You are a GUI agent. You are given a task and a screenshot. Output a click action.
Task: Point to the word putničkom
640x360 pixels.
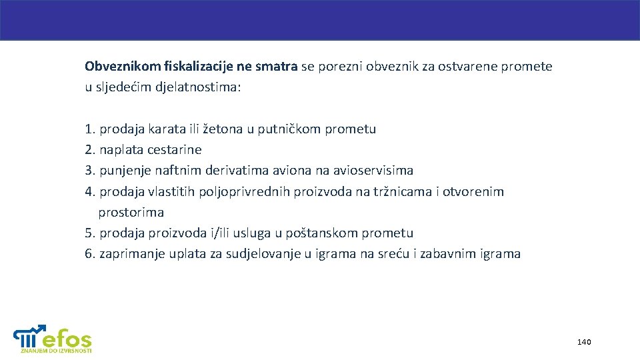tap(289, 129)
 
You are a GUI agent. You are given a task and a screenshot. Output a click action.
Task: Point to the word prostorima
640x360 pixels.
tap(131, 213)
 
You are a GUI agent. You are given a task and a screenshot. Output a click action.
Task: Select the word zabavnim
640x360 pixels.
tap(450, 254)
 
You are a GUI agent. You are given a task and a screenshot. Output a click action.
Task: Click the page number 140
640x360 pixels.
tap(584, 342)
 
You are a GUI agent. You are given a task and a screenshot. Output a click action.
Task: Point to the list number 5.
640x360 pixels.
tap(89, 233)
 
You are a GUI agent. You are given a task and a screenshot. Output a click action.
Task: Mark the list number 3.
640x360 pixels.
tap(89, 171)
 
